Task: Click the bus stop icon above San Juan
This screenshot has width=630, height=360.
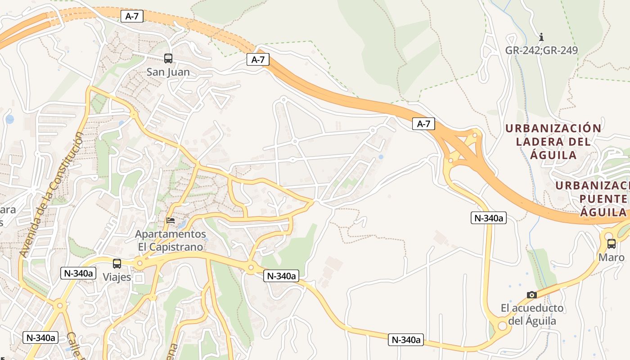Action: tap(168, 58)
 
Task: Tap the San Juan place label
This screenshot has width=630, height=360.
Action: tap(168, 72)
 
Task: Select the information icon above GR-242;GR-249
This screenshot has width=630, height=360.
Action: tap(541, 36)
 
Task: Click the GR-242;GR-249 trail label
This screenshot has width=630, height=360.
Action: tap(541, 50)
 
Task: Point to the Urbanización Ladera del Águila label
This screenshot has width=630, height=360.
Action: tap(553, 142)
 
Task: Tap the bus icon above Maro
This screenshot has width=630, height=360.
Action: tap(611, 244)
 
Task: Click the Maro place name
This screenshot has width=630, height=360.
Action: tap(611, 257)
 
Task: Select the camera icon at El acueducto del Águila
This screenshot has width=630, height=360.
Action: tap(532, 295)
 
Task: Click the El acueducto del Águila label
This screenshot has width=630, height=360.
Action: tap(532, 315)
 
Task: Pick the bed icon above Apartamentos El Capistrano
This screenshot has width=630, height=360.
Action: tap(171, 220)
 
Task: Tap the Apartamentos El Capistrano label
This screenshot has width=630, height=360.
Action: tap(171, 241)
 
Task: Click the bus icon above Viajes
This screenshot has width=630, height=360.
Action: tap(117, 263)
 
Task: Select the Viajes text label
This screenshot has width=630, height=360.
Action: tap(117, 277)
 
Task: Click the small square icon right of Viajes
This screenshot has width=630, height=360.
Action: tap(139, 278)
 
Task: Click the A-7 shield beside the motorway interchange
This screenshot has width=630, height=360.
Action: tap(423, 124)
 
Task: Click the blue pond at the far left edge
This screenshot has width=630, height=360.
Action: tap(9, 119)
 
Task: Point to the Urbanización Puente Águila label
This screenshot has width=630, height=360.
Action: tap(592, 199)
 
